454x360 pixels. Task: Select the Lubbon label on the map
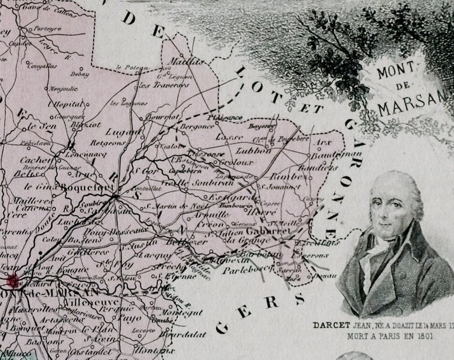pos(253,151)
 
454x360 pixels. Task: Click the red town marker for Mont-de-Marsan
pos(11,280)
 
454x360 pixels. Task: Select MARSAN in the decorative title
pos(411,106)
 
